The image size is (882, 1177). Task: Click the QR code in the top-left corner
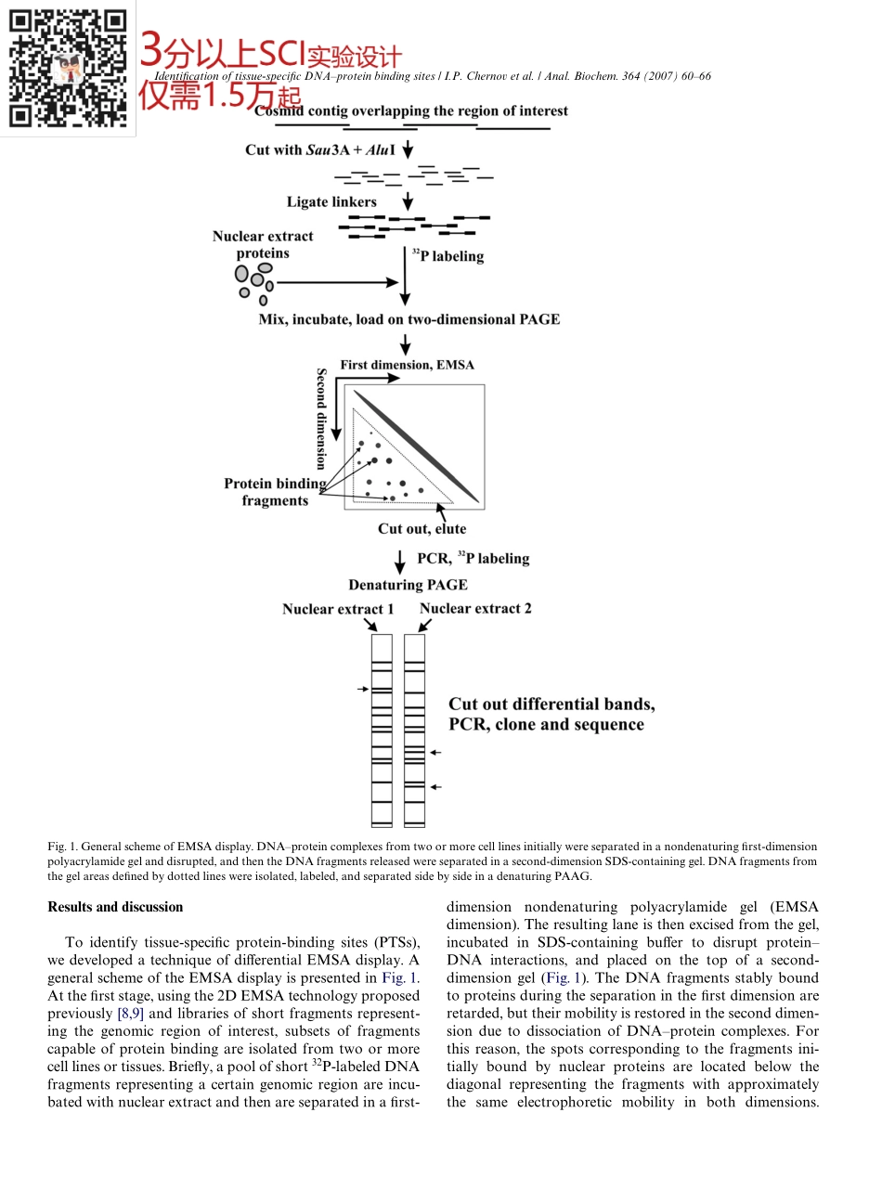(67, 68)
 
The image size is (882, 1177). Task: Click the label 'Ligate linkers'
(331, 201)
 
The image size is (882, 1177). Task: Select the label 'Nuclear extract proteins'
(263, 244)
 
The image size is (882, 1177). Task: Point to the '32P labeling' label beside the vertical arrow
(447, 255)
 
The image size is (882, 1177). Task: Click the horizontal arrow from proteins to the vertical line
(338, 282)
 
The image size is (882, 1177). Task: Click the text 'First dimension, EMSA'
(407, 365)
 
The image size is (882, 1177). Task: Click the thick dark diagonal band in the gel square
(416, 446)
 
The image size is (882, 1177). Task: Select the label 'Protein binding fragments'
(275, 492)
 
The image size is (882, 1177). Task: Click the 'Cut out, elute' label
(422, 529)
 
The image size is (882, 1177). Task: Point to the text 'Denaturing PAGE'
(408, 585)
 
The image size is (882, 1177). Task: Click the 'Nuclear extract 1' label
(338, 609)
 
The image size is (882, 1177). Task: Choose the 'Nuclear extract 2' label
(475, 609)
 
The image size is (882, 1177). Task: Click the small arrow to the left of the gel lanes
(362, 690)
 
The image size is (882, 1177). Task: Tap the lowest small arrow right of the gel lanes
(435, 787)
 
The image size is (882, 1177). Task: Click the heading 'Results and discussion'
(115, 907)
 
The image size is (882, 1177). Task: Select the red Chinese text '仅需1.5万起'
(220, 96)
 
